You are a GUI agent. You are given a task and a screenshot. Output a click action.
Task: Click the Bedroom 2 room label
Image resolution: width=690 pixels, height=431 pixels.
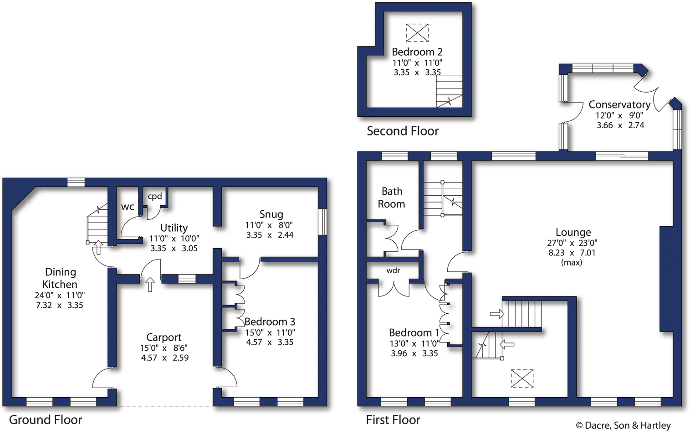pyautogui.click(x=417, y=52)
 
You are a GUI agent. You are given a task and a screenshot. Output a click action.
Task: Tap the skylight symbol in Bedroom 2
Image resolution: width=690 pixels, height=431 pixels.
pyautogui.click(x=417, y=33)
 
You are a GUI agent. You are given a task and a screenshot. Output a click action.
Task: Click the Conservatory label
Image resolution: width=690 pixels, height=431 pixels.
pyautogui.click(x=619, y=105)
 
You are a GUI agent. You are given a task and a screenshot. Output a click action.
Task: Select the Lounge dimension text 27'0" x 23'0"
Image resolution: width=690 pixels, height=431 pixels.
pyautogui.click(x=572, y=243)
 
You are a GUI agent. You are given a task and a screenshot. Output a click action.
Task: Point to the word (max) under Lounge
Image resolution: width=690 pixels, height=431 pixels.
pyautogui.click(x=572, y=262)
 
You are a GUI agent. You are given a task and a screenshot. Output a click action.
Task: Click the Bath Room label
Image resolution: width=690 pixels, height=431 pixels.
pyautogui.click(x=392, y=197)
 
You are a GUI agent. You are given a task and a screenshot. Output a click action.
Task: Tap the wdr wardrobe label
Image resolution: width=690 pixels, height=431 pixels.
pyautogui.click(x=393, y=270)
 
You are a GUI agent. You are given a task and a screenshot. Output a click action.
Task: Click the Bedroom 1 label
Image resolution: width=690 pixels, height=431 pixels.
pyautogui.click(x=414, y=332)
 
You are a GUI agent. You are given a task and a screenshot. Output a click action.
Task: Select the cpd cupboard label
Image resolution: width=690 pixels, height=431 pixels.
pyautogui.click(x=155, y=196)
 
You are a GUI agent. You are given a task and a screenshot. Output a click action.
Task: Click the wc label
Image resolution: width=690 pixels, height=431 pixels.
pyautogui.click(x=128, y=207)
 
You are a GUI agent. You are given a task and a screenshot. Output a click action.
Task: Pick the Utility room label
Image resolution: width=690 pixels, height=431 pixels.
pyautogui.click(x=174, y=228)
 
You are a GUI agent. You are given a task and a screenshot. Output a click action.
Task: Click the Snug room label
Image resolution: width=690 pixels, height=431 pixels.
pyautogui.click(x=271, y=214)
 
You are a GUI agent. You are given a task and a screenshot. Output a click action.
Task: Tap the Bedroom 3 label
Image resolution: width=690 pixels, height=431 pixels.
pyautogui.click(x=270, y=322)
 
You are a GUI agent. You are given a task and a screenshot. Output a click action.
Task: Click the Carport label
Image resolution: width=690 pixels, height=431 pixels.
pyautogui.click(x=164, y=338)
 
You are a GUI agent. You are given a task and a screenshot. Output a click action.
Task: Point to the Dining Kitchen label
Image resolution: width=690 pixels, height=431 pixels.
pyautogui.click(x=60, y=278)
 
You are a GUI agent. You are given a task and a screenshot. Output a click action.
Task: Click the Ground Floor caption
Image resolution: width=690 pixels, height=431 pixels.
pyautogui.click(x=46, y=420)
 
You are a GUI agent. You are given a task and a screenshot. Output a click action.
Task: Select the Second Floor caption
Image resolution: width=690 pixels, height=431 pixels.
pyautogui.click(x=403, y=131)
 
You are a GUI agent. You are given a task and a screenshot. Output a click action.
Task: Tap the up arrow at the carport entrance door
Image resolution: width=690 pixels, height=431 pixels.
pyautogui.click(x=150, y=285)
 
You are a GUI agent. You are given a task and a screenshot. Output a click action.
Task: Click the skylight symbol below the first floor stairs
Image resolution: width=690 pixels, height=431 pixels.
pyautogui.click(x=522, y=379)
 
